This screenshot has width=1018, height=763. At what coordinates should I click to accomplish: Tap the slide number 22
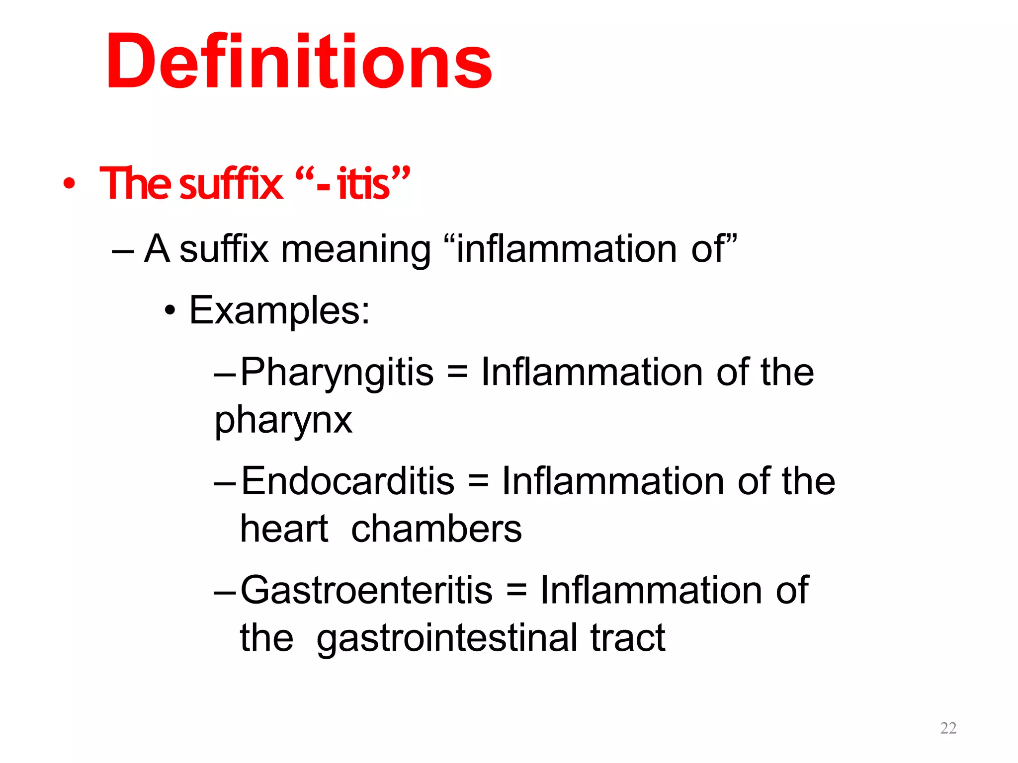point(948,728)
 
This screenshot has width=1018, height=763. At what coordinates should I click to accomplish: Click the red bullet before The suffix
point(69,183)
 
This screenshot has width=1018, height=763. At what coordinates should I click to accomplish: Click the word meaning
point(355,249)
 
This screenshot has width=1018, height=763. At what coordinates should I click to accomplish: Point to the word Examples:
point(279,310)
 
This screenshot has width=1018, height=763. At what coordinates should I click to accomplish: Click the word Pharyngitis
point(337,373)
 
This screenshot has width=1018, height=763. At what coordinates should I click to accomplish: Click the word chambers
point(436,529)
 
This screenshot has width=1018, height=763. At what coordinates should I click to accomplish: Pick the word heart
point(284,529)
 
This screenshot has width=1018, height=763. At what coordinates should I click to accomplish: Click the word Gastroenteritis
point(366,590)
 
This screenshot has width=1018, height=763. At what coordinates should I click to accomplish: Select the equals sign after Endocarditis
point(478,482)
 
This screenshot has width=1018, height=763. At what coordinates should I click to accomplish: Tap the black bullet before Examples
point(170,311)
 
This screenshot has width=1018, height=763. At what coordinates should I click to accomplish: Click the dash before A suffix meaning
point(123,250)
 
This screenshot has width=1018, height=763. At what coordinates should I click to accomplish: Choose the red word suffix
point(231,183)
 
